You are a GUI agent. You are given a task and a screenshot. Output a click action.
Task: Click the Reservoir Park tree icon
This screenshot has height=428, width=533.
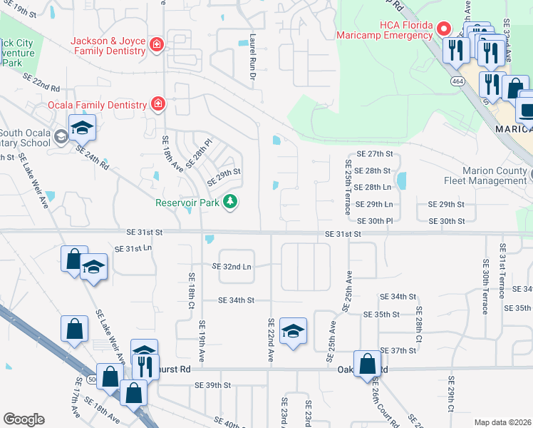[x=230, y=203]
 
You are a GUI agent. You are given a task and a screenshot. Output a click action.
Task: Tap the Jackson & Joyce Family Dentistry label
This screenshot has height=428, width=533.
[x=108, y=46]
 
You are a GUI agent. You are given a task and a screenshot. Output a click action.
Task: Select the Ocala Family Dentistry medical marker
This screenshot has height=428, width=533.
[x=157, y=105]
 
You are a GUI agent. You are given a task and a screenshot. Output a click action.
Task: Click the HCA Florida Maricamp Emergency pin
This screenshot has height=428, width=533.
[x=443, y=29]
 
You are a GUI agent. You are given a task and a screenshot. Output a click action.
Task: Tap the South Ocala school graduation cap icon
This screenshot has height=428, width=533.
[x=82, y=128]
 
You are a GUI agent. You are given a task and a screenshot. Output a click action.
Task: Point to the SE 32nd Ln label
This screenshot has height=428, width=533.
[x=232, y=266]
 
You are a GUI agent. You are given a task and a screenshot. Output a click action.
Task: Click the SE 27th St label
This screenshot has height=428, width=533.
[x=375, y=154]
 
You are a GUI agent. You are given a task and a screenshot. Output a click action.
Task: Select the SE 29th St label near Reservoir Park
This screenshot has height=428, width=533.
[x=224, y=172]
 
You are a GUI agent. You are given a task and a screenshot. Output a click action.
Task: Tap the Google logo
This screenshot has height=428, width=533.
[x=24, y=419]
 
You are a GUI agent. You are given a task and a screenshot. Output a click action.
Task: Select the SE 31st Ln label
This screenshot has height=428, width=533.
[x=133, y=248]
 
